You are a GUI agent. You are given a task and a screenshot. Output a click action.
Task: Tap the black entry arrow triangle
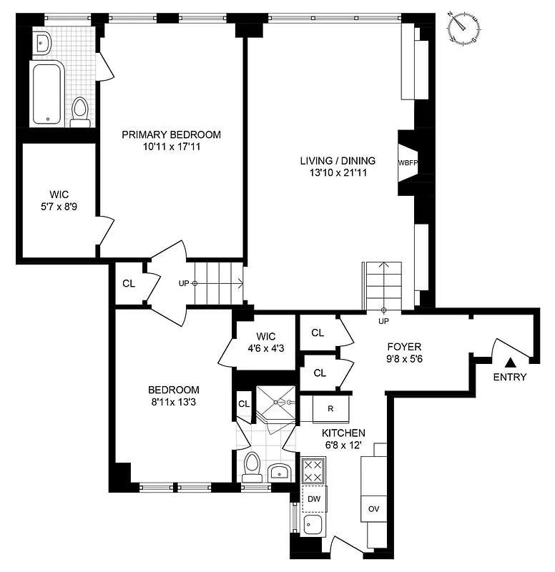[511, 364]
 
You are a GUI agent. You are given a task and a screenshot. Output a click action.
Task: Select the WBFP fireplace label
[407, 162]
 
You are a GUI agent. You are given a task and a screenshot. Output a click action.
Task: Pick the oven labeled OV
[373, 508]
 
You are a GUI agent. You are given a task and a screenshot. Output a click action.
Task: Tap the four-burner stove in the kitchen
[313, 471]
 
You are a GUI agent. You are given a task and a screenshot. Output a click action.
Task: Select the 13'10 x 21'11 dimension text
[338, 174]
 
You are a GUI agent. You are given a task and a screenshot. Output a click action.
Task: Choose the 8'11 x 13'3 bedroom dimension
[173, 403]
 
